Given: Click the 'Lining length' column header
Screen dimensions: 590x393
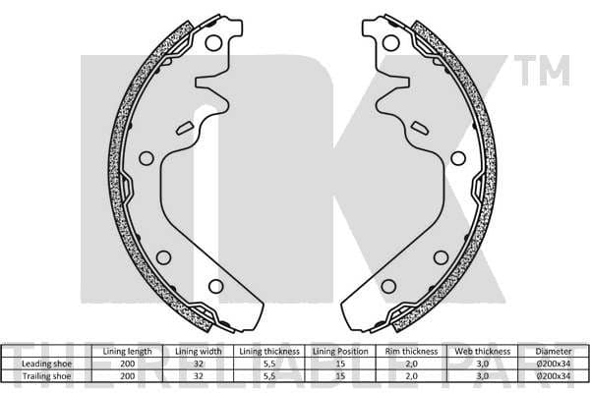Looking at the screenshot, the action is pos(127,352).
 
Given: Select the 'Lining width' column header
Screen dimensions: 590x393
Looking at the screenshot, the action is pos(199,352).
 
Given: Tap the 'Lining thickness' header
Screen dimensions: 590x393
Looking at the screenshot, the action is pos(269,352).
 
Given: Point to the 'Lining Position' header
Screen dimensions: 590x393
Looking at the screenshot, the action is pos(340,352).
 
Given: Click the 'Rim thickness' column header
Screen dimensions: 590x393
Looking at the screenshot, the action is pos(411,352).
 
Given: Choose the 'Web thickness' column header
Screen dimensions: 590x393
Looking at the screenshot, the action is pos(483,352).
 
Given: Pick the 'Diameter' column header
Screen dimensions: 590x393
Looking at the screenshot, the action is pos(554,352).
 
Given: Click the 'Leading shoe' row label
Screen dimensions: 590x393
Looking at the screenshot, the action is pos(46,364).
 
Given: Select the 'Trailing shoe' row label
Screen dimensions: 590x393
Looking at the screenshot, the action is pos(46,375).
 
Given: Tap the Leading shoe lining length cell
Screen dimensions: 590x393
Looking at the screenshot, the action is pos(127,364).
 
